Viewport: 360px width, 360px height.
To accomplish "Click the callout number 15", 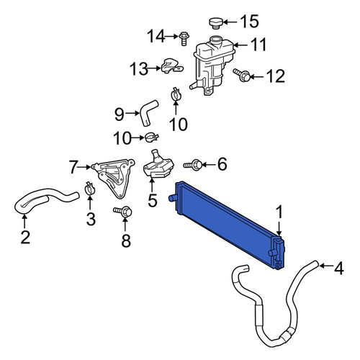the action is coord(250,22).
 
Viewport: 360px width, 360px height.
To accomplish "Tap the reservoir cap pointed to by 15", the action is coord(216,23).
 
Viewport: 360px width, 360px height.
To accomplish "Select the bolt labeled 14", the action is coord(184,38).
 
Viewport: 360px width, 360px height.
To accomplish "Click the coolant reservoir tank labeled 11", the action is coord(212,65).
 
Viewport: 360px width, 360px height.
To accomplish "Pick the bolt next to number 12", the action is coord(242,75).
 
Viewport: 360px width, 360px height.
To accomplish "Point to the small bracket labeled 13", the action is coord(171,66).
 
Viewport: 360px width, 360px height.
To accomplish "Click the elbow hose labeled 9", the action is coord(148,112).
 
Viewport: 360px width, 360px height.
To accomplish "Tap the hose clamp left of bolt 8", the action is coord(90,189).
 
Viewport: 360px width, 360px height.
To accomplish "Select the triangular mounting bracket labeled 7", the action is coord(114,178).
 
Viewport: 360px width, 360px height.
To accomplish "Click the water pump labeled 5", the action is coord(158,166).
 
